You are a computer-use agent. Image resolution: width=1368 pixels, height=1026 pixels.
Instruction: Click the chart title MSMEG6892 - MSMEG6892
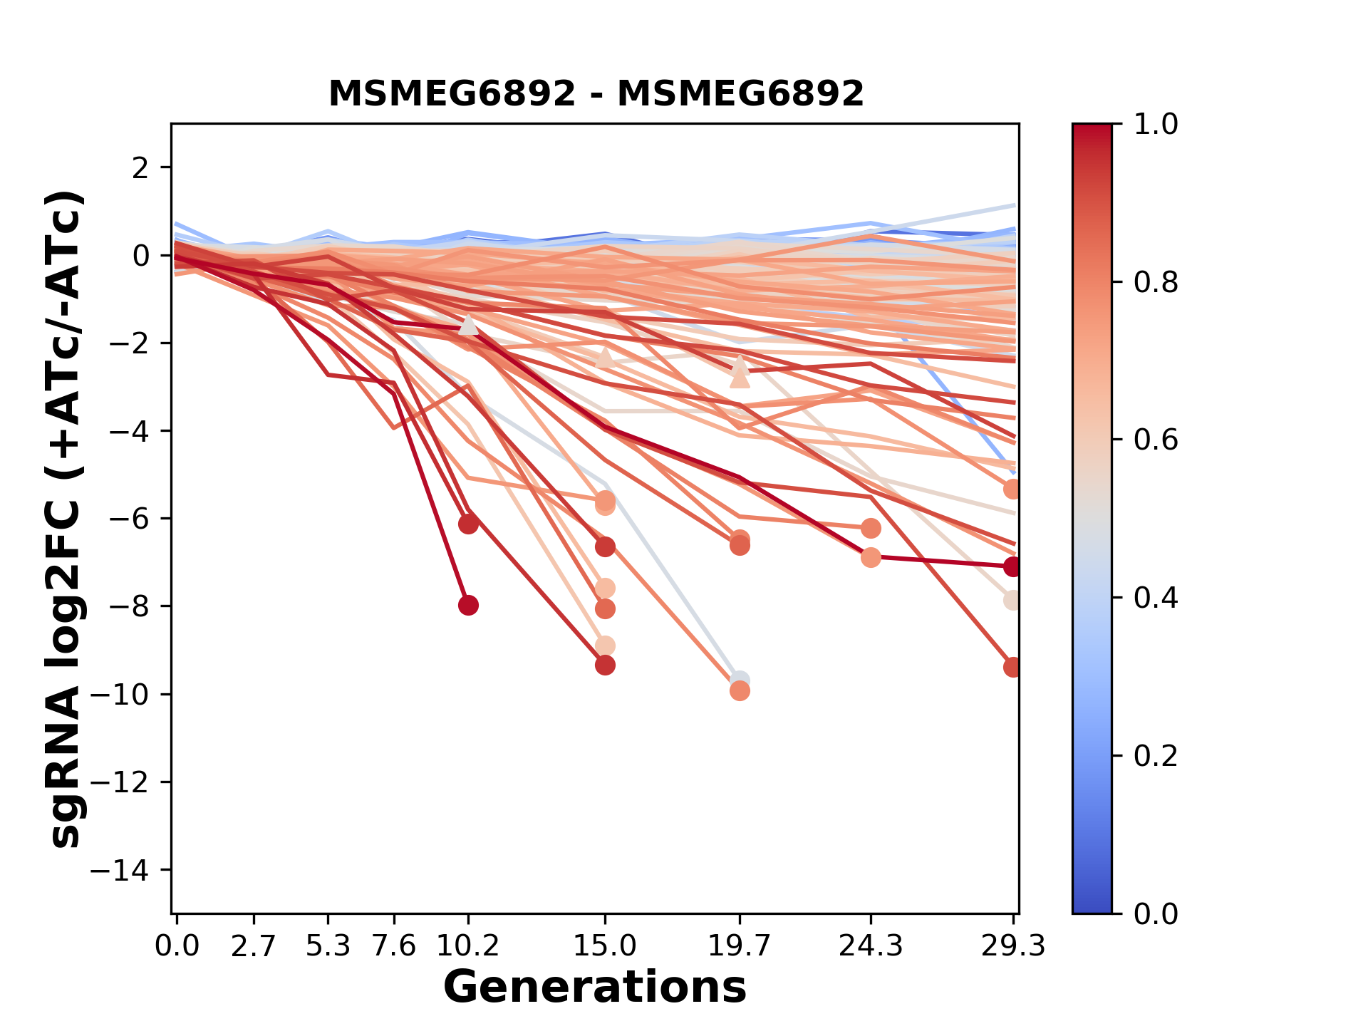pyautogui.click(x=596, y=93)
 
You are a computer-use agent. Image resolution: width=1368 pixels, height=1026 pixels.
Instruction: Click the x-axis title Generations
pyautogui.click(x=594, y=988)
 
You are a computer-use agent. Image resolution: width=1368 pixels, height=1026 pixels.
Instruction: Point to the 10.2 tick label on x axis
pyautogui.click(x=467, y=946)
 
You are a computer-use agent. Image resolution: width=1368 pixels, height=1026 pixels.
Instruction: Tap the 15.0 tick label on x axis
pyautogui.click(x=604, y=946)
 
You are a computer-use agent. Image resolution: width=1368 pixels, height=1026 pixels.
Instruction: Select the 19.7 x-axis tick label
pyautogui.click(x=739, y=946)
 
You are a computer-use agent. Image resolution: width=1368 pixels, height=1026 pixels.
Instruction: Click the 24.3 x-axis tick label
pyautogui.click(x=870, y=946)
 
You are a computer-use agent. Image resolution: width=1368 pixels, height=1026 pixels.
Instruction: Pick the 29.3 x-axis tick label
pyautogui.click(x=1012, y=946)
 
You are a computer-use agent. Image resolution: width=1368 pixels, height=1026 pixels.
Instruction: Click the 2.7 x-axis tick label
pyautogui.click(x=254, y=946)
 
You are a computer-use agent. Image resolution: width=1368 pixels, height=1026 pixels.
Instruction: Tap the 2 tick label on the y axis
pyautogui.click(x=140, y=168)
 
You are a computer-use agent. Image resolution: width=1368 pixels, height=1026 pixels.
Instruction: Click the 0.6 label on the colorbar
pyautogui.click(x=1155, y=440)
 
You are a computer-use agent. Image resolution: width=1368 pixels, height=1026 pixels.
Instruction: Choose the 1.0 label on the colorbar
pyautogui.click(x=1155, y=124)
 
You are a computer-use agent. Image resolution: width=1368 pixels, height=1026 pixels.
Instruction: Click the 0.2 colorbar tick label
pyautogui.click(x=1155, y=755)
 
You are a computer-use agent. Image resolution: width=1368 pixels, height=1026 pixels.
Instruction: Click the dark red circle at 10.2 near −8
pyautogui.click(x=468, y=606)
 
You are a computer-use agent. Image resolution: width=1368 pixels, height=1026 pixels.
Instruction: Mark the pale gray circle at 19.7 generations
pyautogui.click(x=740, y=680)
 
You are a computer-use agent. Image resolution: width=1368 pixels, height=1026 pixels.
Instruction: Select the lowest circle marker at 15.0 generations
pyautogui.click(x=605, y=665)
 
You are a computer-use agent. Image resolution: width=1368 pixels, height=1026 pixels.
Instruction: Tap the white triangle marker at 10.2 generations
pyautogui.click(x=468, y=325)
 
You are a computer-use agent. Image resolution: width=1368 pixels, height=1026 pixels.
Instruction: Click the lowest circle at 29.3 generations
pyautogui.click(x=1012, y=668)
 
